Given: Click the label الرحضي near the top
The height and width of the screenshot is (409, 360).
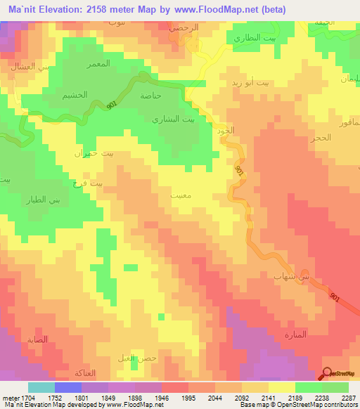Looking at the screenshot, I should pyautogui.click(x=184, y=27).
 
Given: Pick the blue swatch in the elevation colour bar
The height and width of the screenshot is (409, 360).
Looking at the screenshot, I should pyautogui.click(x=67, y=387).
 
